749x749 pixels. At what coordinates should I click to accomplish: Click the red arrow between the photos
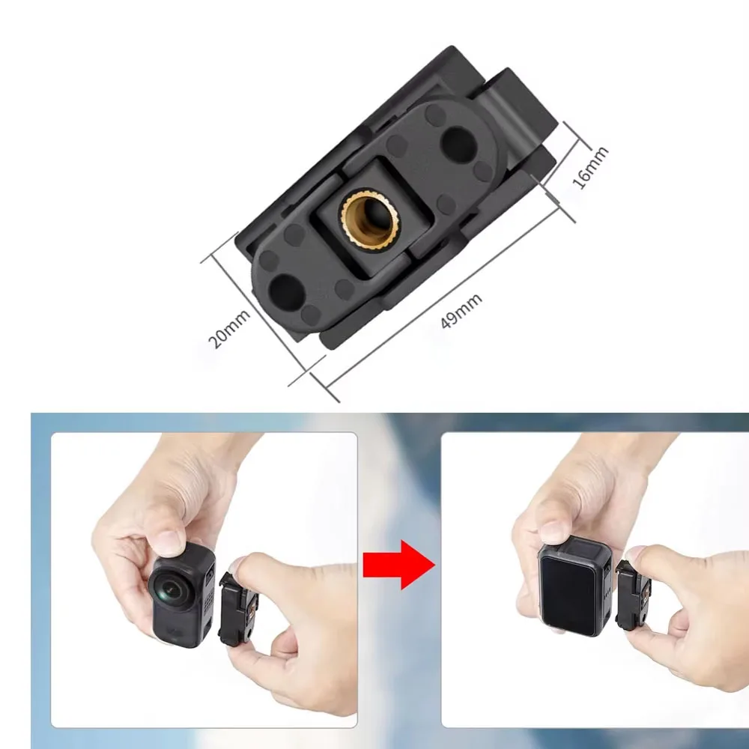click(x=398, y=562)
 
